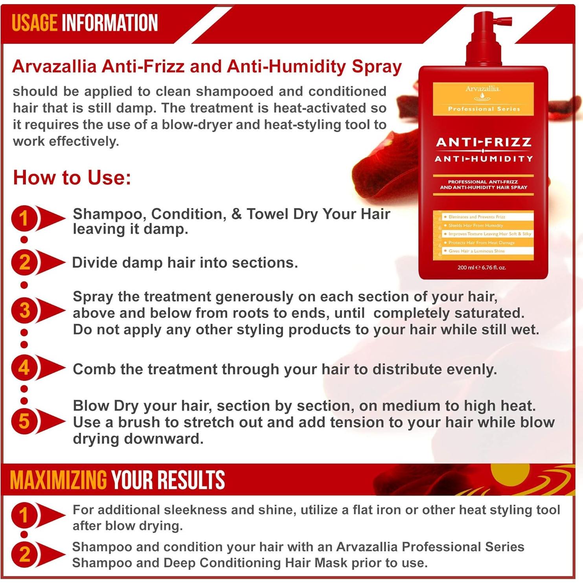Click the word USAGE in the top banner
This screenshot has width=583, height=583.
35,23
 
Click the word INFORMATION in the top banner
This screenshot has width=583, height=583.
110,23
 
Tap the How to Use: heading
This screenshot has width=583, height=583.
72,177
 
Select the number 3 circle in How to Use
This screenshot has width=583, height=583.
24,310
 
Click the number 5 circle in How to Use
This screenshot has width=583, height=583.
24,421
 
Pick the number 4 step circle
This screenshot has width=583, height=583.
24,368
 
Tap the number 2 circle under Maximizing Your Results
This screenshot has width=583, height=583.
24,555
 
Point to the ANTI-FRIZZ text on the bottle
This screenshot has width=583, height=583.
484,142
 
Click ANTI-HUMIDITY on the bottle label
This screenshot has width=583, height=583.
484,159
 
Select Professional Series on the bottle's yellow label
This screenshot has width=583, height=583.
484,109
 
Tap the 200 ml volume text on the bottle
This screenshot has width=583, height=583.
482,267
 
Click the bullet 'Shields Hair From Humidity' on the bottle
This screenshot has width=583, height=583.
476,226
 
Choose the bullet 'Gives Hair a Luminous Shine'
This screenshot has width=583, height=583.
476,251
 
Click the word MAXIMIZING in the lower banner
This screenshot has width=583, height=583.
58,480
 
